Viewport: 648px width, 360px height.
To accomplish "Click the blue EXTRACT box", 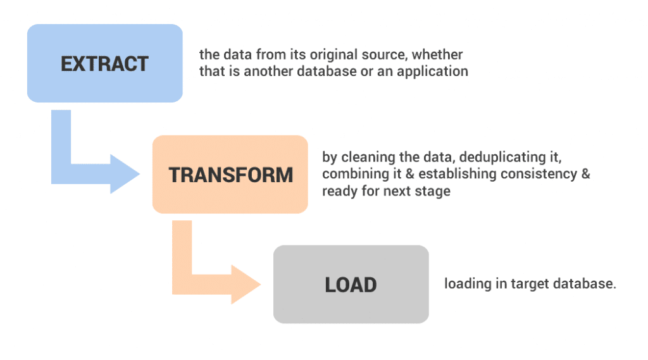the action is pos(105,63).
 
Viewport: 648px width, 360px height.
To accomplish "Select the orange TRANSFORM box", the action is pos(230,175).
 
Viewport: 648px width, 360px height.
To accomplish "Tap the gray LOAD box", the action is pos(351,284).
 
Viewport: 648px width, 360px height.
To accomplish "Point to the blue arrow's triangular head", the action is pos(125,174).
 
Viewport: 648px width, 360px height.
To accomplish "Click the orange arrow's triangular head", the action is pos(246,284).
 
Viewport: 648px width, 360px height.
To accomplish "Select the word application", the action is pos(432,71).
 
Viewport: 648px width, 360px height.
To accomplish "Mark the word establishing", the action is pos(458,174).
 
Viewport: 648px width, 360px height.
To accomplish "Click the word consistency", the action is pos(539,174).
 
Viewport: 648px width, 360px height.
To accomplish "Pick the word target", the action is pos(530,284).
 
